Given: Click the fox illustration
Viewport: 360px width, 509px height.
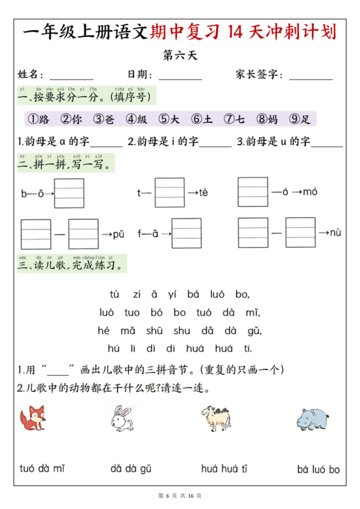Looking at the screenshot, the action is tap(33, 418).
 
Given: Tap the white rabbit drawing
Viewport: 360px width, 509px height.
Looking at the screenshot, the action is tap(121, 419).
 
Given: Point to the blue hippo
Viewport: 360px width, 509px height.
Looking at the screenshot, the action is tap(313, 419).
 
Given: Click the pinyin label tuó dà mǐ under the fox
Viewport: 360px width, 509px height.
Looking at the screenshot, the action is tap(42, 468).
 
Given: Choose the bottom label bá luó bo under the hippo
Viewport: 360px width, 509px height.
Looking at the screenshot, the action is tap(318, 469).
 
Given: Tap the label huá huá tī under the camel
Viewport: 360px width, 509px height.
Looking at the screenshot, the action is tap(224, 468).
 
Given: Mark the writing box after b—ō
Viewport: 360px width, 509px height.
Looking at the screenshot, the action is tap(69, 193).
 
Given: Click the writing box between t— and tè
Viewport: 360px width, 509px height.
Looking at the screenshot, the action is tap(170, 192).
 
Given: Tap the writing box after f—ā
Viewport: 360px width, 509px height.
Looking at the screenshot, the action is tap(186, 233).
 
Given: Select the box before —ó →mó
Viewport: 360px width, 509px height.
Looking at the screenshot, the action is tap(253, 192).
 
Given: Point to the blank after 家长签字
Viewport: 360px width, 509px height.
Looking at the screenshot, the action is tap(311, 76).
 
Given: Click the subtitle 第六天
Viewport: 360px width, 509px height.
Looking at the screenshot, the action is tap(180, 55).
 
